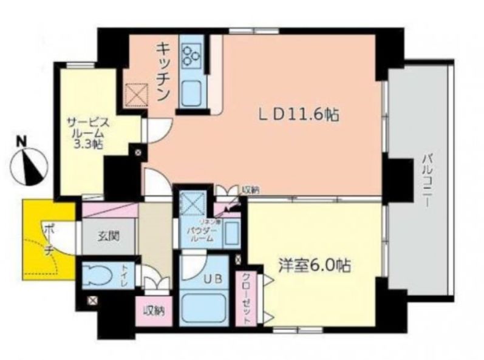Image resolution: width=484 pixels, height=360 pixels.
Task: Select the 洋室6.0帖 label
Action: tap(308, 267)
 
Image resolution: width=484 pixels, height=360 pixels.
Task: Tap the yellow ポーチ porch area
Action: tap(43, 240)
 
